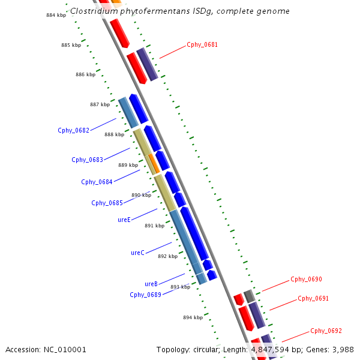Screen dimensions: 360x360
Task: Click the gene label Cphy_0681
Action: click(202, 44)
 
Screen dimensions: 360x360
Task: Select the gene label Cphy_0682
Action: click(73, 130)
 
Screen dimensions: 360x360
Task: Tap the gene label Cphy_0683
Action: click(87, 160)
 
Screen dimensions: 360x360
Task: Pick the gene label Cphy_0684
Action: click(97, 182)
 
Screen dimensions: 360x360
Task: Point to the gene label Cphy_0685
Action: click(107, 203)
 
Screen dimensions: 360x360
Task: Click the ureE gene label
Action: click(124, 220)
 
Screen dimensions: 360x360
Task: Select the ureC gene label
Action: click(137, 253)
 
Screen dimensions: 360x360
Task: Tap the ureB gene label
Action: click(151, 284)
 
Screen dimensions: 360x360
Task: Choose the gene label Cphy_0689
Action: click(145, 295)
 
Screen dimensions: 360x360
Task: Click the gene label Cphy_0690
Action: click(306, 279)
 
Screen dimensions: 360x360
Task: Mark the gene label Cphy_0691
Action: click(313, 298)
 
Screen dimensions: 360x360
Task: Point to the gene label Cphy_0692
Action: click(326, 331)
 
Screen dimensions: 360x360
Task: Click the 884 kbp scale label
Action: click(56, 15)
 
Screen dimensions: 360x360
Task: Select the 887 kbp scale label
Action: click(100, 104)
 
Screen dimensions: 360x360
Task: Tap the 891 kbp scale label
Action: click(154, 226)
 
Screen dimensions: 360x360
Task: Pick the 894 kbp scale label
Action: click(193, 317)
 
